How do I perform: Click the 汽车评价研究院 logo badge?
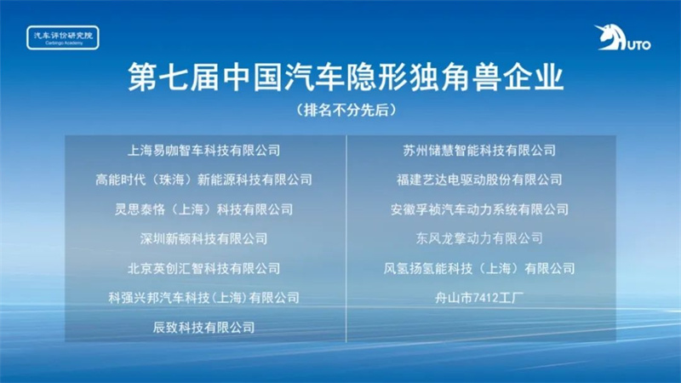(x=63, y=37)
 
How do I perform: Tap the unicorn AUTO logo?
(x=622, y=37)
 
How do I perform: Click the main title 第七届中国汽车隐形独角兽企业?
(x=346, y=77)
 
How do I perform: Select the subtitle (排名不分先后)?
(x=346, y=110)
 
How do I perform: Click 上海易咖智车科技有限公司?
(x=203, y=151)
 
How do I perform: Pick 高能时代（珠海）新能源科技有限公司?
(x=203, y=180)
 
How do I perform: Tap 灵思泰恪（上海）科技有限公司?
(x=203, y=209)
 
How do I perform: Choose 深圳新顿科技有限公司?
(x=203, y=238)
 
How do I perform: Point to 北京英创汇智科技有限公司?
(x=203, y=268)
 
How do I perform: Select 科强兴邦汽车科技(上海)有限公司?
(x=203, y=297)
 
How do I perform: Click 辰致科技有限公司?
(x=203, y=327)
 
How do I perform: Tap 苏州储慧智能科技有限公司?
(x=479, y=151)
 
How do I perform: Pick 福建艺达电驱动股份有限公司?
(x=479, y=180)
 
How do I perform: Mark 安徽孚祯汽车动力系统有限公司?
(x=479, y=209)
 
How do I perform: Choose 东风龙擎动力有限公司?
(x=479, y=238)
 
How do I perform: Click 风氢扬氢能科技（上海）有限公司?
(x=479, y=268)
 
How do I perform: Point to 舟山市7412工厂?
(x=479, y=297)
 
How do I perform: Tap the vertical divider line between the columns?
(x=346, y=238)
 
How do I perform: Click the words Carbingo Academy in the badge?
(x=63, y=43)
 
